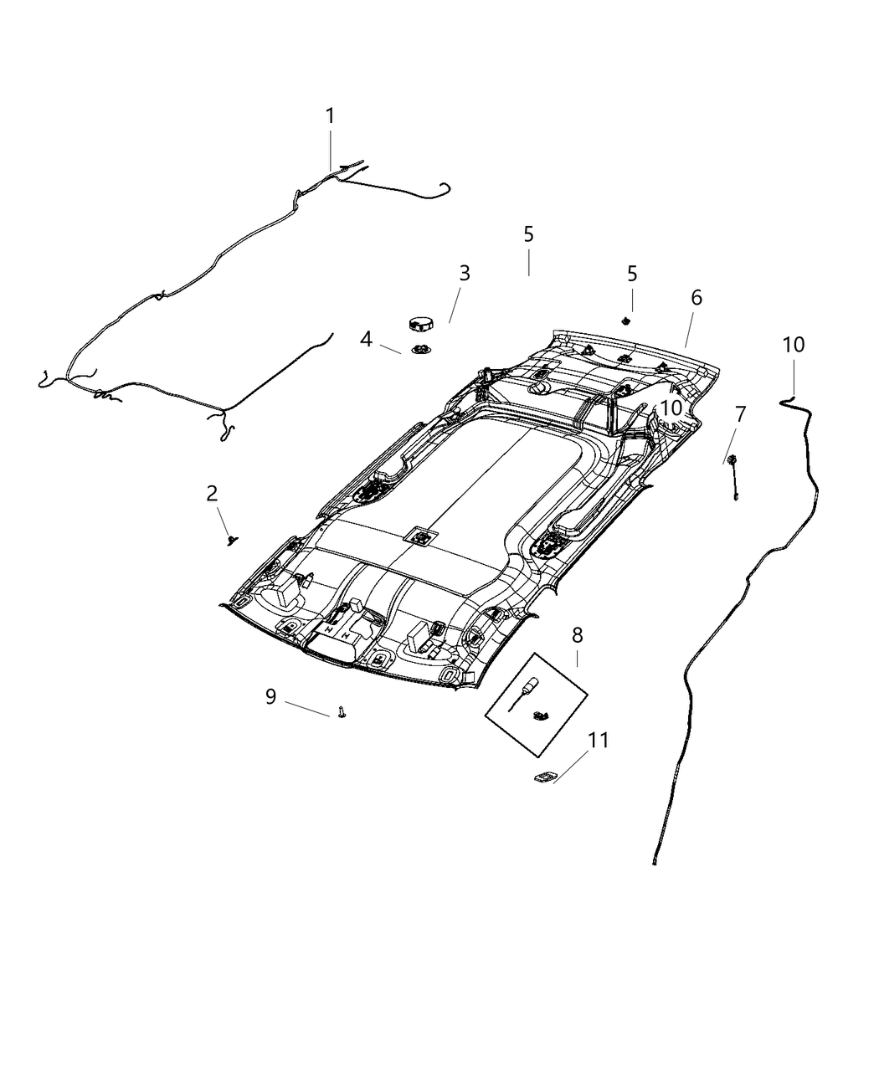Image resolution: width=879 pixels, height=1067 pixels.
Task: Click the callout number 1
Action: tap(330, 115)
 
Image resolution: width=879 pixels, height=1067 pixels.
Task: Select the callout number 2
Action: tap(213, 493)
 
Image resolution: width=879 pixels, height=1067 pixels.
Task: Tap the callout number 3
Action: tap(464, 273)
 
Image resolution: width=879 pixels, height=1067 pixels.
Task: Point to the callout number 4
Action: tap(366, 339)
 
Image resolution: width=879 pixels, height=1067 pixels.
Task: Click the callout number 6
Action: tap(697, 297)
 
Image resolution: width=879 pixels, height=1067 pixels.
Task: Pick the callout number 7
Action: tap(740, 413)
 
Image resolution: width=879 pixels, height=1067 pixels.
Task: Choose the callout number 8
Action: tap(577, 635)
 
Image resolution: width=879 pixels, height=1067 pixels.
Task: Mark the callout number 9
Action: tap(270, 696)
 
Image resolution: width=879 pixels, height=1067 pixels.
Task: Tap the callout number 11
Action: tap(598, 741)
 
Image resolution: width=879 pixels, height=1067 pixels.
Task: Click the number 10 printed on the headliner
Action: tap(671, 408)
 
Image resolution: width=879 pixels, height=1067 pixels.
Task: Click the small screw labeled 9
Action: tap(342, 712)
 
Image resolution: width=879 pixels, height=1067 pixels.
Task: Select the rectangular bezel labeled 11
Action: tap(545, 777)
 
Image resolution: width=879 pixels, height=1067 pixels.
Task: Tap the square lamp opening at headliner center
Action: tap(422, 536)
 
